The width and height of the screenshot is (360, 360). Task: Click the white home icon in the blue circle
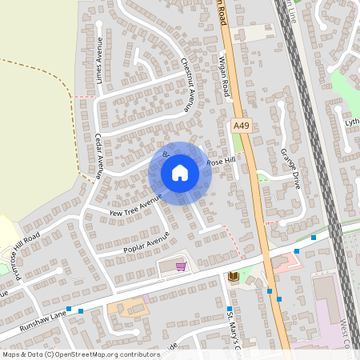click(x=180, y=173)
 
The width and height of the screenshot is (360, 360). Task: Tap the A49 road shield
click(x=241, y=126)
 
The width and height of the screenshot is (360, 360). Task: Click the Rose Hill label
click(x=222, y=162)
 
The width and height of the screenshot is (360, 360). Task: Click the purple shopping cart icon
click(x=181, y=266)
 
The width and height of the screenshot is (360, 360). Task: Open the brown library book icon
click(x=234, y=277)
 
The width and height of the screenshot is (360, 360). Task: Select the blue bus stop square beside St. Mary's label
click(x=229, y=309)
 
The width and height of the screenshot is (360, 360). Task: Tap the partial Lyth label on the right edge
click(x=351, y=122)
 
